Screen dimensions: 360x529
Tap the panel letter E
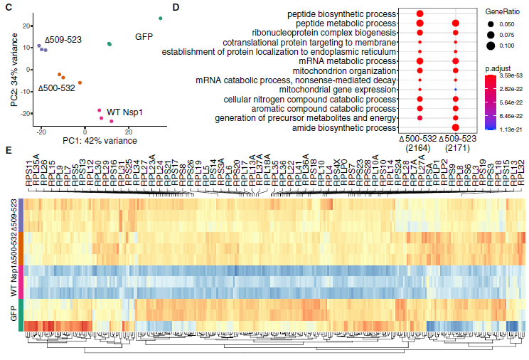(x=7, y=150)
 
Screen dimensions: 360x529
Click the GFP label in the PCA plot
(x=145, y=36)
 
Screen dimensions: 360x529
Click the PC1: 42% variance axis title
(x=100, y=142)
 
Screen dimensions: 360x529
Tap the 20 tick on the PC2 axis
(x=28, y=26)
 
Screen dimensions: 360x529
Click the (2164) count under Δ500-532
(x=420, y=147)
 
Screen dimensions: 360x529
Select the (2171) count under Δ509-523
(x=456, y=147)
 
